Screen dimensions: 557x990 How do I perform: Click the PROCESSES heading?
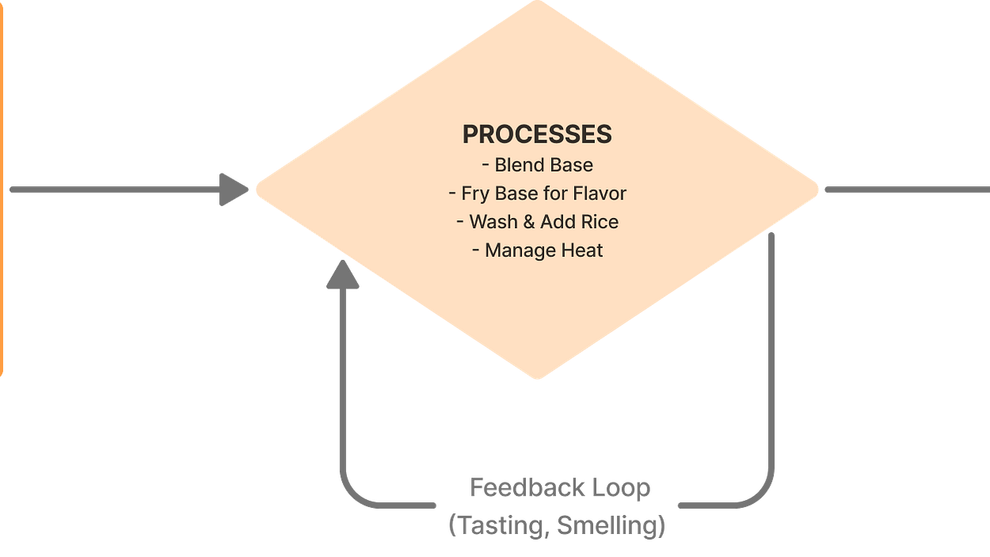[537, 135]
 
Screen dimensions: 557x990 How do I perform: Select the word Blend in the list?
[516, 165]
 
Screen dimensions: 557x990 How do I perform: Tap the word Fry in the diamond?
[474, 193]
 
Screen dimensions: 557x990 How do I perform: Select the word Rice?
[600, 222]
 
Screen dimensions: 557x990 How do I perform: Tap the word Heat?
[583, 250]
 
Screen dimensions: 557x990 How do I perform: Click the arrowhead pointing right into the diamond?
[233, 190]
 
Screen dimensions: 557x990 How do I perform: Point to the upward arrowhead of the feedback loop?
[344, 274]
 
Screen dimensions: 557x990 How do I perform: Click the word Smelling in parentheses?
[611, 525]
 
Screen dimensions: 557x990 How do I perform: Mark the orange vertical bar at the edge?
[2, 190]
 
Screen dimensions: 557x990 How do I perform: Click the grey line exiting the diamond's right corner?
[907, 190]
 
